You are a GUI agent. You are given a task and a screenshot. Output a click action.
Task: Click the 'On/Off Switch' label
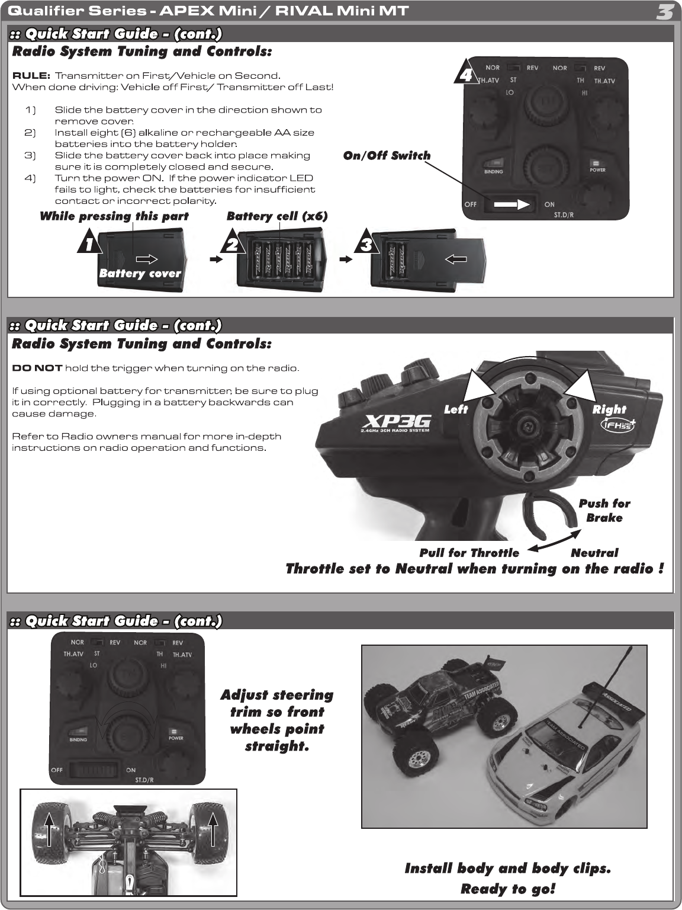click(387, 156)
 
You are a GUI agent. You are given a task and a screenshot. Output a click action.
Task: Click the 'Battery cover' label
click(140, 273)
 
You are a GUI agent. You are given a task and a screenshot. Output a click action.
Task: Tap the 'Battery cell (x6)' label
click(276, 216)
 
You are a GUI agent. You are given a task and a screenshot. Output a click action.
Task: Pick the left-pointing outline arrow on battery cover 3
click(455, 259)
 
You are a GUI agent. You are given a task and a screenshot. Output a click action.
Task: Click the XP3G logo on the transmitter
click(397, 422)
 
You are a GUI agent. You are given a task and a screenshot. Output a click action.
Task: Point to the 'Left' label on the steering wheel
click(456, 409)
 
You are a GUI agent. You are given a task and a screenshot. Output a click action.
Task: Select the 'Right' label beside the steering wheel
click(609, 409)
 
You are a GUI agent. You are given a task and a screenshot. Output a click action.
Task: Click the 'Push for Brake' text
click(604, 510)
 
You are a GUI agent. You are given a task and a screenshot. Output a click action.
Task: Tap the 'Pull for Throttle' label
click(469, 553)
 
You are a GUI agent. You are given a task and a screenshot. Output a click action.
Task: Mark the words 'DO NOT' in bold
click(37, 368)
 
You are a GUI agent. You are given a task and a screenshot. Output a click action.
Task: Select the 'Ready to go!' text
click(507, 889)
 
